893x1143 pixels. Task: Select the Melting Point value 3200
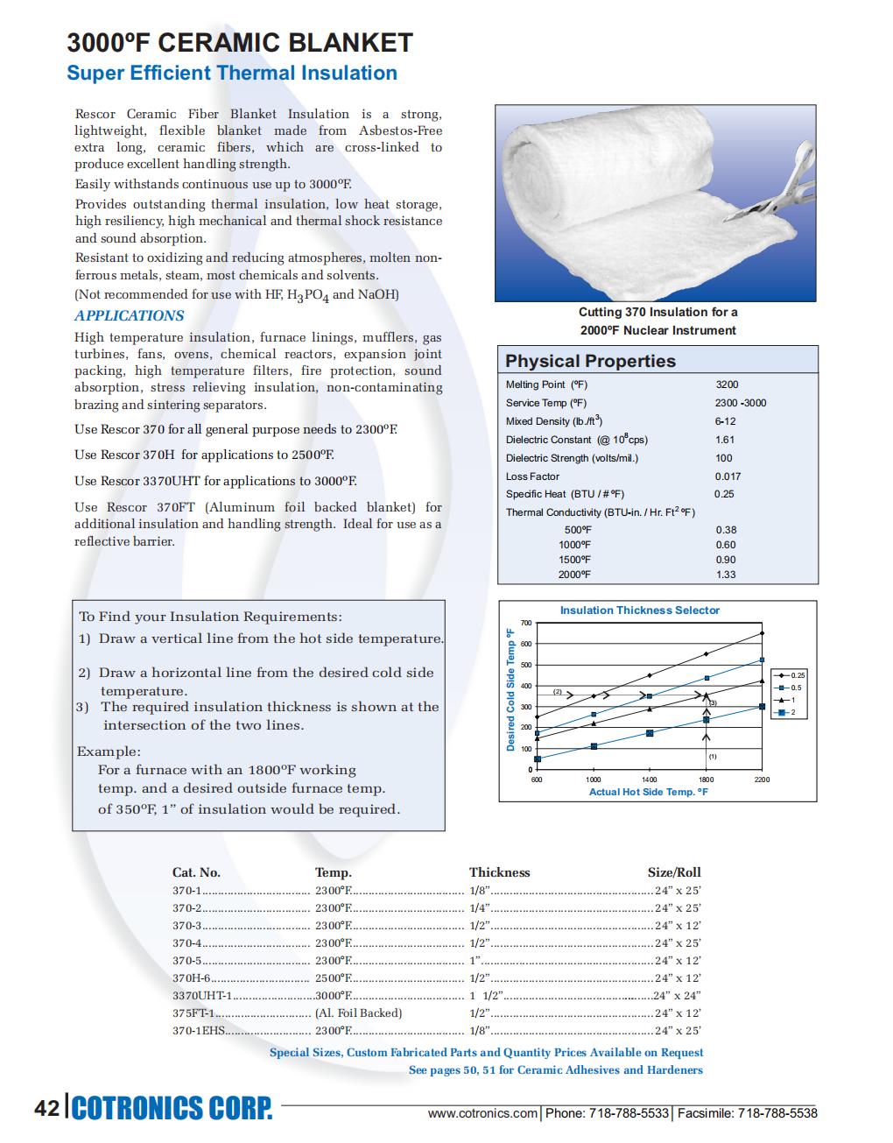point(727,385)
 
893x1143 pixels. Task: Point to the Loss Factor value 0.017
point(728,476)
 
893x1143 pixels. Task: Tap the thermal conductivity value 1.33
point(726,575)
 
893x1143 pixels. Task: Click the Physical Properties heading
point(590,361)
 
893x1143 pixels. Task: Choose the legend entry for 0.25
point(793,675)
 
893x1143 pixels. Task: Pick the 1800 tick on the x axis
point(706,780)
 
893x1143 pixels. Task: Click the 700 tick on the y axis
point(526,623)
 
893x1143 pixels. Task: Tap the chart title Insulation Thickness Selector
point(639,610)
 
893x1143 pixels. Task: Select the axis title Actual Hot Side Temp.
point(648,792)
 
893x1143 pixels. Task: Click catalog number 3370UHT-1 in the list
point(202,996)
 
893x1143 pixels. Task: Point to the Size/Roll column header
point(674,872)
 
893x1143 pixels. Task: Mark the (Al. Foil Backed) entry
point(358,1013)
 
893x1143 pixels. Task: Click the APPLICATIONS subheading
point(130,315)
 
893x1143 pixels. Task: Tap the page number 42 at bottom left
point(46,1108)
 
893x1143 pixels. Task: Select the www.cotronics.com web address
point(482,1113)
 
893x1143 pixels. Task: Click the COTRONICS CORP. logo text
point(172,1108)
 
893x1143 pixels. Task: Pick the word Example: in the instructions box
point(109,751)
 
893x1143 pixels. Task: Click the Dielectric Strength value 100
point(724,458)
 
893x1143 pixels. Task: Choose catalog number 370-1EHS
point(199,1031)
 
